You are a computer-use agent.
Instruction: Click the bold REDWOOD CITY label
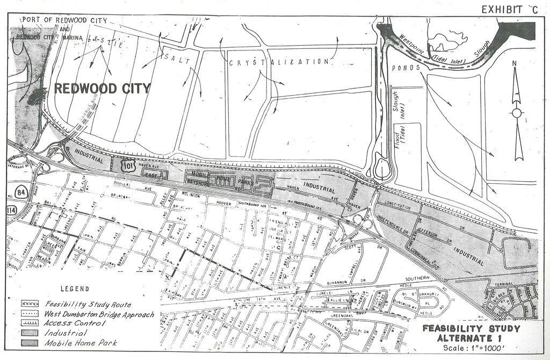(102, 89)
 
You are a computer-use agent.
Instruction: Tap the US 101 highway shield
(127, 165)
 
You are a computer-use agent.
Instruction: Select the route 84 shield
(13, 192)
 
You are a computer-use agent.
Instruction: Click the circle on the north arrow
(517, 113)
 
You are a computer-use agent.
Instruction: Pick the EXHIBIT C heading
(509, 9)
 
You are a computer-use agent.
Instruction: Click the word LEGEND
(75, 289)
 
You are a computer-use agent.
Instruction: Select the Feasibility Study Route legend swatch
(30, 304)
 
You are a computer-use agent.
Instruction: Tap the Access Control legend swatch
(30, 323)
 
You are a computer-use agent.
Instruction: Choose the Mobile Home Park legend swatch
(30, 343)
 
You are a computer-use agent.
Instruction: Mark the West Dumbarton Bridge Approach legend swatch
(30, 314)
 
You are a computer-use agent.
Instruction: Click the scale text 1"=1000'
(473, 347)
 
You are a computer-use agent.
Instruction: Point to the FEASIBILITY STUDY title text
(471, 328)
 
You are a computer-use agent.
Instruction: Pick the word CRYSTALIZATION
(279, 62)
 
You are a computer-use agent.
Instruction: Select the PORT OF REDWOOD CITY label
(64, 21)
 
